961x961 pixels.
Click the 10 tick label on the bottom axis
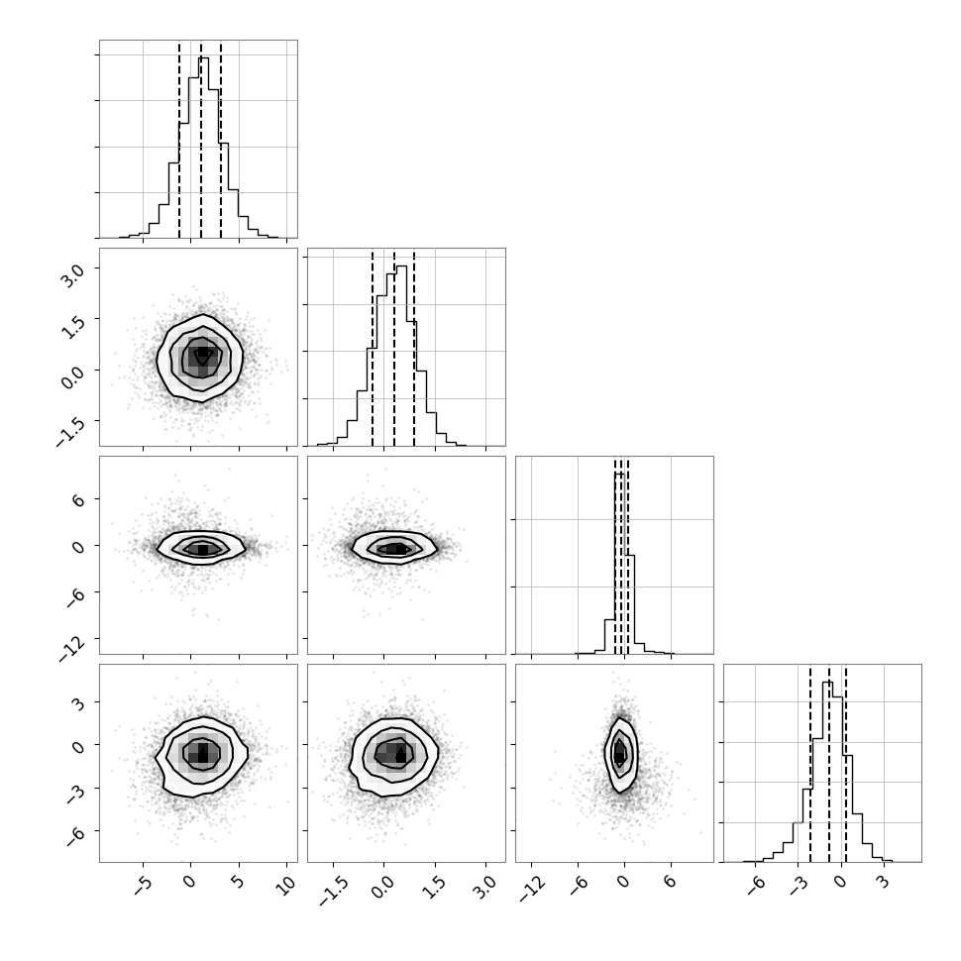[285, 885]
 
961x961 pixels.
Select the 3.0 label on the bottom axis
[484, 887]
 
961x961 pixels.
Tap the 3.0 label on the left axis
[71, 275]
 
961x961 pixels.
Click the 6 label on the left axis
[78, 499]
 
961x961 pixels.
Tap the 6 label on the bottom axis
[670, 882]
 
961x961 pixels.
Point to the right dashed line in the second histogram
[414, 348]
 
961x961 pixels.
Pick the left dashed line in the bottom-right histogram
[810, 764]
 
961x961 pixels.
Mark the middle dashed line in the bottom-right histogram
[829, 764]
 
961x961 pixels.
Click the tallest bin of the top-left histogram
[204, 148]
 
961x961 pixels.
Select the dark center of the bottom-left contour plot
[203, 751]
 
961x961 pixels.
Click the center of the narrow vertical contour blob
[620, 753]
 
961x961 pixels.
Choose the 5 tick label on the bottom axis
[238, 882]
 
